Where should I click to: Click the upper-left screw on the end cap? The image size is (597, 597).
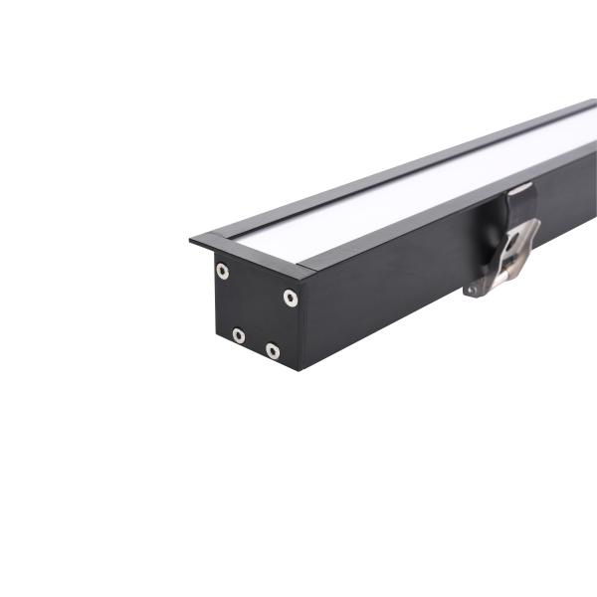tap(222, 271)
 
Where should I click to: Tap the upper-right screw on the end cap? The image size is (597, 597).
tap(291, 298)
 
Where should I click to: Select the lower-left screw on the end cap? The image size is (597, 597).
tap(239, 335)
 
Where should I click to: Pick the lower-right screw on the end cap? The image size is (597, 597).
tap(273, 351)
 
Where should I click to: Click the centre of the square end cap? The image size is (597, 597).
tap(255, 311)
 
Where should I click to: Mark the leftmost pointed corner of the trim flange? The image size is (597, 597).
tap(191, 239)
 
